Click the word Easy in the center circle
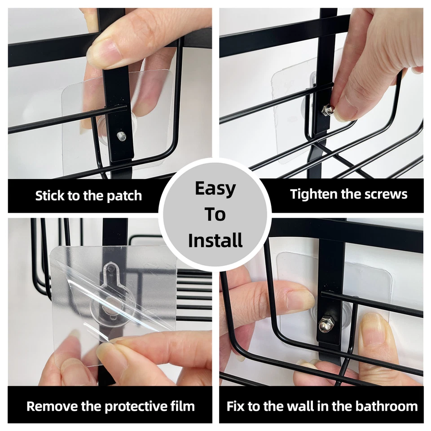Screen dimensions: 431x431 click(x=215, y=189)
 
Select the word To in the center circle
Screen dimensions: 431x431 click(x=215, y=215)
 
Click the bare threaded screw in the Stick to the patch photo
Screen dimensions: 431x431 click(x=120, y=136)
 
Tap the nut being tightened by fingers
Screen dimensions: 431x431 click(x=328, y=110)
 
